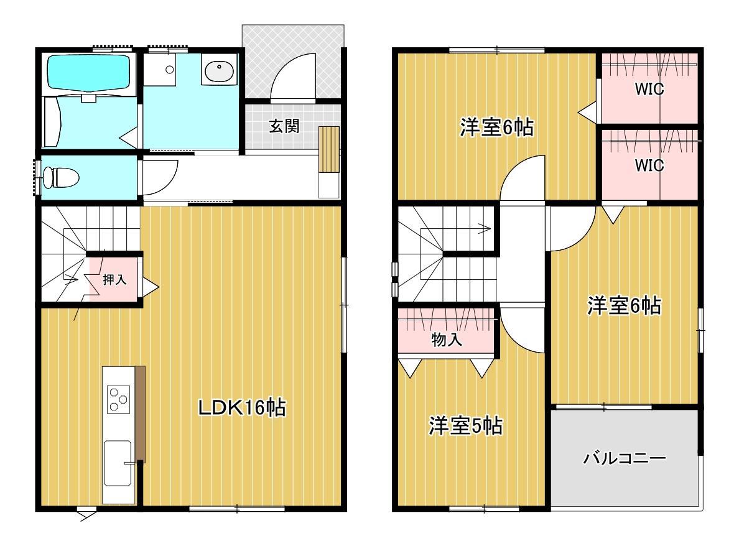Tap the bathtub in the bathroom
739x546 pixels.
click(88, 73)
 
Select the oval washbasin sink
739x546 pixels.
click(218, 70)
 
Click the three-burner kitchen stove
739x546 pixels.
click(118, 399)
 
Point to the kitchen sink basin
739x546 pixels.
click(118, 463)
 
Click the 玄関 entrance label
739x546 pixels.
click(284, 126)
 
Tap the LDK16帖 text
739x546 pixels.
click(241, 408)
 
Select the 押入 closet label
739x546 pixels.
click(114, 280)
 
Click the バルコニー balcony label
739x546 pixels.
click(624, 460)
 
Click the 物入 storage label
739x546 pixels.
click(446, 340)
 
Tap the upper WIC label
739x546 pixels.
click(649, 90)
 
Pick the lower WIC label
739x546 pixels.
click(649, 166)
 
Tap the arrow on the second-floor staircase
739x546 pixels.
click(483, 229)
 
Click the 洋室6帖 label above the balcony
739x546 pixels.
click(624, 305)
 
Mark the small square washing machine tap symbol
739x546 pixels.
click(169, 70)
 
